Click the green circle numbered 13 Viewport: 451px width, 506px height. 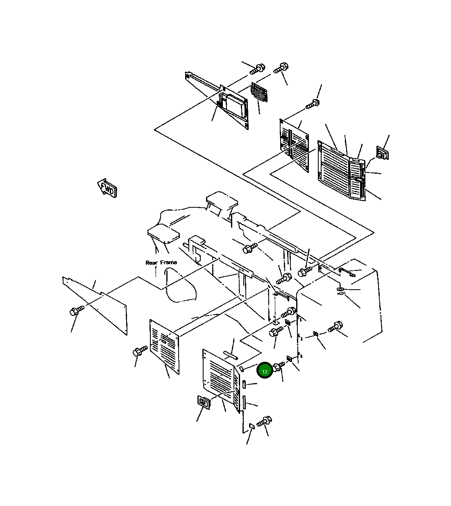coord(265,371)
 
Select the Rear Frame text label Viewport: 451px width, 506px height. coord(161,262)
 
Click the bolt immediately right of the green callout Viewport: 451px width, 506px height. coord(279,366)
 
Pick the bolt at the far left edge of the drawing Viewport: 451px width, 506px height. coord(76,310)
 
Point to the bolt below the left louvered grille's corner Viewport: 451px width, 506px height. coord(139,352)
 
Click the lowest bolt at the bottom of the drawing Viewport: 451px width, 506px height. coord(264,421)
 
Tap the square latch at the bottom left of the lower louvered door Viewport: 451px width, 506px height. coord(204,402)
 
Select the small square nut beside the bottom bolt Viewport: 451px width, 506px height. coord(252,427)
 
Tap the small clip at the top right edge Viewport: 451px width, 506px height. coord(383,153)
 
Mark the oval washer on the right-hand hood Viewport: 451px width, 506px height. coord(340,290)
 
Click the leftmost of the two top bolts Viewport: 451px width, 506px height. coord(258,68)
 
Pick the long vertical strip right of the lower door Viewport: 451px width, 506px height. coord(245,402)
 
